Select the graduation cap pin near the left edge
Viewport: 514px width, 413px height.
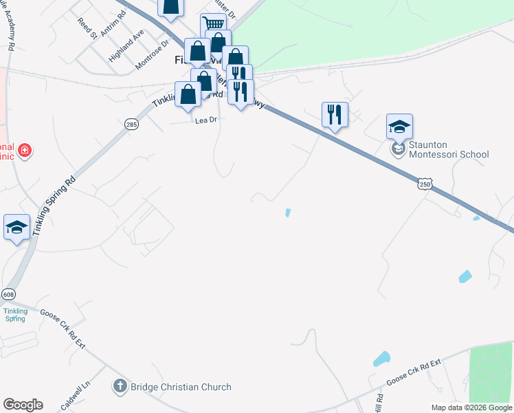pyautogui.click(x=16, y=228)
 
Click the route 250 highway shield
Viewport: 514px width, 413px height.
pyautogui.click(x=425, y=184)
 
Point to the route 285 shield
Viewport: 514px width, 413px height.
pyautogui.click(x=132, y=124)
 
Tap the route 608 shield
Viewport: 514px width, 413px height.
pyautogui.click(x=8, y=294)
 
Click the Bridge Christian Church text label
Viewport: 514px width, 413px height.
pyautogui.click(x=179, y=387)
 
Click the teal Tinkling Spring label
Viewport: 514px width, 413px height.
pyautogui.click(x=14, y=315)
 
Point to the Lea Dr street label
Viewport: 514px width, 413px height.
pyautogui.click(x=205, y=120)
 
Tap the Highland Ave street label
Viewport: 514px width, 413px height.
pyautogui.click(x=124, y=45)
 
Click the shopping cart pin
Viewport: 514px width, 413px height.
pyautogui.click(x=214, y=25)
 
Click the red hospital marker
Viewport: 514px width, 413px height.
pyautogui.click(x=25, y=149)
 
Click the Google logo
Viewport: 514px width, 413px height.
pyautogui.click(x=23, y=405)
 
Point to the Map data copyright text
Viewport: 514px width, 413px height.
pyautogui.click(x=471, y=407)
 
